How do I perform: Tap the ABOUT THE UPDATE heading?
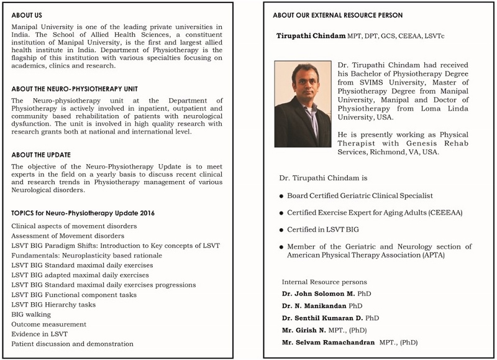[x=41, y=155]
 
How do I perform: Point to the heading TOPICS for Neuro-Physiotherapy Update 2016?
[x=83, y=213]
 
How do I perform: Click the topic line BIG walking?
[x=32, y=314]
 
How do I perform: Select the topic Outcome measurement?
[x=48, y=324]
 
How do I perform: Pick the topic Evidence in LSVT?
[x=40, y=334]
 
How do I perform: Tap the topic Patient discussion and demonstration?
[x=72, y=344]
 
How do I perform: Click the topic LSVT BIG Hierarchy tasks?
[x=53, y=304]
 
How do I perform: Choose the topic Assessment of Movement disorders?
[x=68, y=236]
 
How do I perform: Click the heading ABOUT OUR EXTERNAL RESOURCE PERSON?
[x=337, y=15]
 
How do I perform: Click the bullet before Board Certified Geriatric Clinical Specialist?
[x=281, y=196]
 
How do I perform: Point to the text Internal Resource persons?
[x=324, y=282]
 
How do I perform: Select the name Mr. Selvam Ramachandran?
[x=328, y=342]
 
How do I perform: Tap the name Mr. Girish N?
[x=304, y=330]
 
